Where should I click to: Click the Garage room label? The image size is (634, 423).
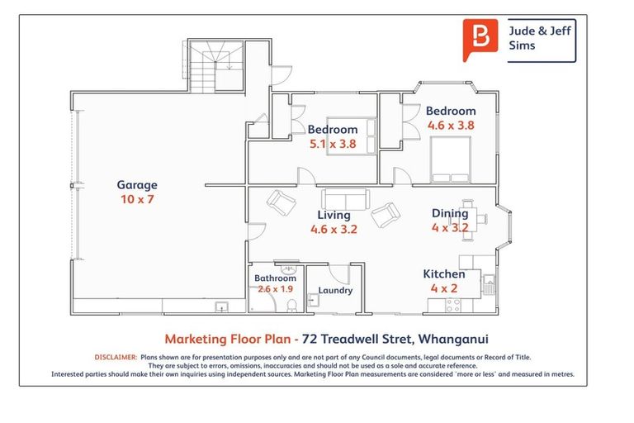137,185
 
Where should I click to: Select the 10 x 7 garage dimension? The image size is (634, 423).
137,199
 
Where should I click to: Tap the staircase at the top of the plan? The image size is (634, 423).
216,66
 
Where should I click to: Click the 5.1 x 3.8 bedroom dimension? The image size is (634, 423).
333,144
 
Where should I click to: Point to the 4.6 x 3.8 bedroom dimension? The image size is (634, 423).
451,125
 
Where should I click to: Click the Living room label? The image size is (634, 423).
334,215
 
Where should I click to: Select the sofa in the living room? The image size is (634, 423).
346,199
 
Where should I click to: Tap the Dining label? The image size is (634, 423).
450,213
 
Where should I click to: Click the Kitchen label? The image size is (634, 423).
444,274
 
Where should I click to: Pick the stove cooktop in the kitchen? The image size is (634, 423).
453,305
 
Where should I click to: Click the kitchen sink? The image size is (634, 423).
489,284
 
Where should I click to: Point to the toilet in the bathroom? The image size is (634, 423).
291,306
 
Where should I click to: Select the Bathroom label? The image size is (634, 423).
275,278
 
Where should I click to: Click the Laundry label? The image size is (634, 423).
335,290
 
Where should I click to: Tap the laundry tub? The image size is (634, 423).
313,301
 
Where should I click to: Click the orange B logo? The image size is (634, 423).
480,40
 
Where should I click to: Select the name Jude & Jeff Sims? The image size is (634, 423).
539,38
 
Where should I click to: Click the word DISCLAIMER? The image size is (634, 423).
116,357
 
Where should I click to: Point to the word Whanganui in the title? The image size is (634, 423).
453,339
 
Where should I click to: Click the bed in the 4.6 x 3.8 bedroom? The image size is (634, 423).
451,159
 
